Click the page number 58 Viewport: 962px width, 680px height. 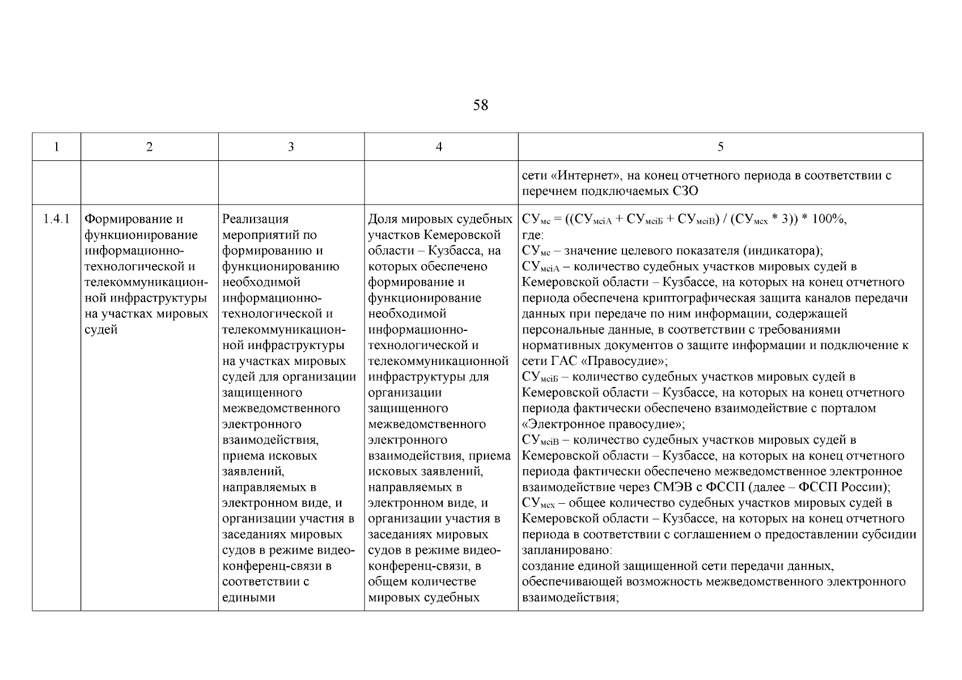click(480, 105)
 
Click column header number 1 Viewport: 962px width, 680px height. click(56, 147)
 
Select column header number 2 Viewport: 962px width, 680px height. click(149, 147)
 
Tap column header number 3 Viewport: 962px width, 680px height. click(291, 147)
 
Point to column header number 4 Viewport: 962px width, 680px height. click(439, 147)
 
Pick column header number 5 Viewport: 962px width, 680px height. click(720, 147)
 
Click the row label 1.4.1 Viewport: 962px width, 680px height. click(56, 219)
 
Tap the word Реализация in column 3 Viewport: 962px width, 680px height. click(255, 219)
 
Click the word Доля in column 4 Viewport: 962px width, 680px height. click(383, 219)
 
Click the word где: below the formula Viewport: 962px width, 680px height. click(532, 235)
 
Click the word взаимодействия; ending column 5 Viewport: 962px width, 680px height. click(569, 598)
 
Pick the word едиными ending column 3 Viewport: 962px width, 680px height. click(248, 598)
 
